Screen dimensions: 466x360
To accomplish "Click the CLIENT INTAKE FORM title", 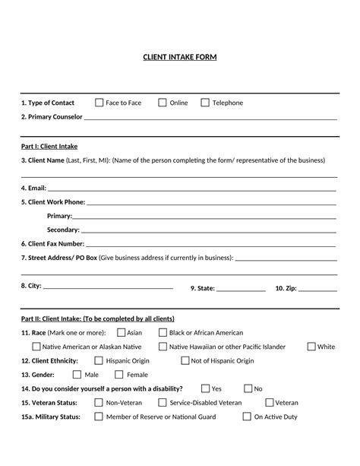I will point(180,57).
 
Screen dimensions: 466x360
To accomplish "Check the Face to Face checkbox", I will point(99,103).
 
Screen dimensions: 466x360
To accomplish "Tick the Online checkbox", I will point(163,103).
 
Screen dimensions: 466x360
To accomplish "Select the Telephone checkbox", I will point(205,103).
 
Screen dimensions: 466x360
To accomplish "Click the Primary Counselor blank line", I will point(210,119).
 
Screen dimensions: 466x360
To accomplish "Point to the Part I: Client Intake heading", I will point(49,146).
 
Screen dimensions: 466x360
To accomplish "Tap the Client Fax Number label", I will point(52,244).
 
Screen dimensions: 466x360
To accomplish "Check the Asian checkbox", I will point(121,332).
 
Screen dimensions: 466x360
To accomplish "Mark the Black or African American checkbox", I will point(163,332).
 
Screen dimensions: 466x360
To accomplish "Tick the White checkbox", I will point(311,347).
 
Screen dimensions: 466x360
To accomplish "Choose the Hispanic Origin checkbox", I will point(99,360).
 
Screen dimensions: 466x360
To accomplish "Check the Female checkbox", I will point(119,375).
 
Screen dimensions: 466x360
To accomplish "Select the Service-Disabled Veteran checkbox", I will point(163,403).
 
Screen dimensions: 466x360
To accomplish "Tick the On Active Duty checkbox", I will point(247,417).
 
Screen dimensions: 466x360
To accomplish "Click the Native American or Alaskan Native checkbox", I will point(36,347).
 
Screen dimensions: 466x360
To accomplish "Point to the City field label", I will point(31,286).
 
